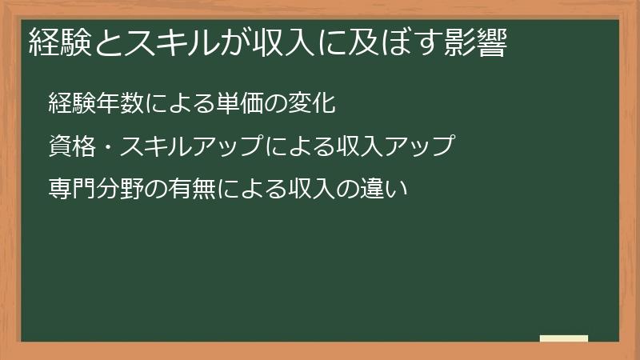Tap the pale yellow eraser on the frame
click(564, 338)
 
